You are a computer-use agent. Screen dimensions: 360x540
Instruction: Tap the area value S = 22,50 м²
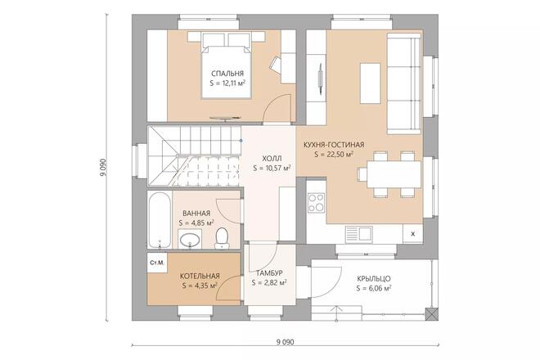pyautogui.click(x=327, y=153)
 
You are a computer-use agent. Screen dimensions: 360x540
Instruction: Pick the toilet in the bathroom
pyautogui.click(x=222, y=237)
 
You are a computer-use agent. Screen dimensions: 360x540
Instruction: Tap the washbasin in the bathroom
pyautogui.click(x=190, y=240)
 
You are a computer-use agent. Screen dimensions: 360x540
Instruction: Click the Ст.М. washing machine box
pyautogui.click(x=156, y=263)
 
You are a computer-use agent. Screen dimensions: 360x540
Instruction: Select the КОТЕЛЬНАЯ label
pyautogui.click(x=200, y=276)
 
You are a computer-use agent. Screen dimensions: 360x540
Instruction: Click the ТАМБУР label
pyautogui.click(x=269, y=272)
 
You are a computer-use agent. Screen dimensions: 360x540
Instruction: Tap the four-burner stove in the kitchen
pyautogui.click(x=315, y=201)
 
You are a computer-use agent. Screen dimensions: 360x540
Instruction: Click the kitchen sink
pyautogui.click(x=359, y=234)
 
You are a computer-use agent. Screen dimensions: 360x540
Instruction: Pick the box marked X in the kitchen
pyautogui.click(x=412, y=234)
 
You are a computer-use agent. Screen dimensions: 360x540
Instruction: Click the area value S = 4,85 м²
pyautogui.click(x=196, y=222)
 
